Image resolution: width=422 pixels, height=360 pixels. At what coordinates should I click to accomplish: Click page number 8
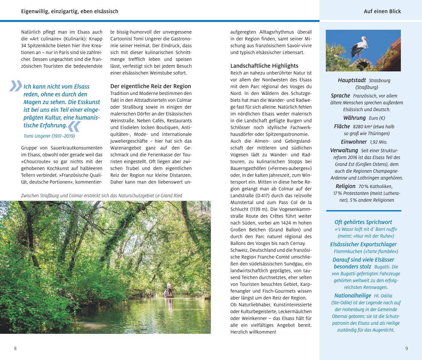click(x=15, y=348)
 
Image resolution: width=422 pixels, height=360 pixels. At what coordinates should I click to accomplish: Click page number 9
click(x=407, y=348)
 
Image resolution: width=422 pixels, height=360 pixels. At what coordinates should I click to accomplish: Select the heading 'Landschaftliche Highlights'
click(x=264, y=66)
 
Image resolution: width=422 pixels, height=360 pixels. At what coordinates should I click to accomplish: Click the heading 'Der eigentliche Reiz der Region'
click(x=151, y=86)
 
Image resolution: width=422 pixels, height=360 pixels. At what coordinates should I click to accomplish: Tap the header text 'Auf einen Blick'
click(x=382, y=11)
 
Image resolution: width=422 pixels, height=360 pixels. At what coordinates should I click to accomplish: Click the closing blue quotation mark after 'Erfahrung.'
click(x=74, y=126)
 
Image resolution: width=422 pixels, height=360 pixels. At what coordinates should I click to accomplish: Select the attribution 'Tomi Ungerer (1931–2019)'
click(x=49, y=136)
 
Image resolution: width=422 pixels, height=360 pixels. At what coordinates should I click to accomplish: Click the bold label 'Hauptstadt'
click(x=352, y=80)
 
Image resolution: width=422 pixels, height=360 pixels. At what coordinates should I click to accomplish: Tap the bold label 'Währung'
click(x=354, y=118)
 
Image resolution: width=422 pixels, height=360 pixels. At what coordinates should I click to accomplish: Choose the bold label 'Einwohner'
click(x=354, y=142)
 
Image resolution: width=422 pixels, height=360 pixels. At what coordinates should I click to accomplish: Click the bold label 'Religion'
click(x=345, y=186)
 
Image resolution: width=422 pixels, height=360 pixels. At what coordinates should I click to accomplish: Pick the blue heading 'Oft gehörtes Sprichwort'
click(x=363, y=222)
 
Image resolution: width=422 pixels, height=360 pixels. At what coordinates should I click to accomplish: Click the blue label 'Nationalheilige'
click(x=353, y=295)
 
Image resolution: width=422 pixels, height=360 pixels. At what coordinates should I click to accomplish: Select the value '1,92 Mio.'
click(x=379, y=142)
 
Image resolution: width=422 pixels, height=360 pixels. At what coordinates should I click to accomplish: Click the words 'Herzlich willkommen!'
click(x=253, y=332)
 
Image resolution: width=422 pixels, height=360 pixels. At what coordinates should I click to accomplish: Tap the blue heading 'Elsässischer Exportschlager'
click(x=363, y=244)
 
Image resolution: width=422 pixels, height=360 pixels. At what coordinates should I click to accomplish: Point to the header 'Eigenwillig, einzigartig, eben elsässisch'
click(x=70, y=11)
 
